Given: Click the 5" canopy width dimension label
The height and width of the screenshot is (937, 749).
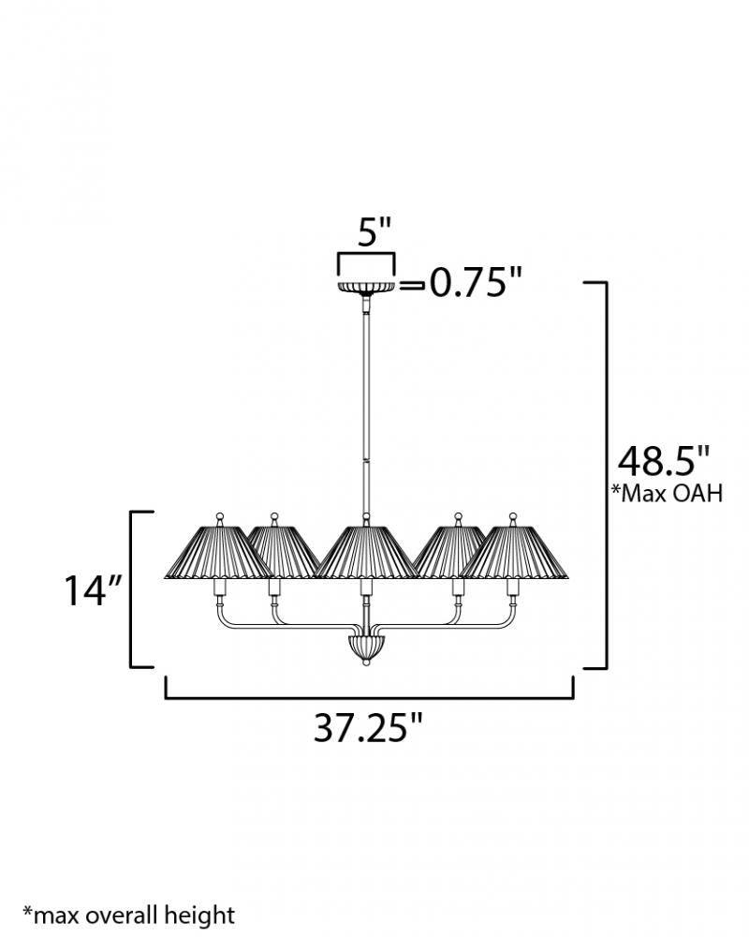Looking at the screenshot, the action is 374,231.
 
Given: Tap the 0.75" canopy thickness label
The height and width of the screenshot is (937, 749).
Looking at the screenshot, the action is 476,282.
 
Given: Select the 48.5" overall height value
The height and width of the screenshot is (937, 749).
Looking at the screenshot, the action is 664,461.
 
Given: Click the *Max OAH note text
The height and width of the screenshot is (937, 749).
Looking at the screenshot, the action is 667,493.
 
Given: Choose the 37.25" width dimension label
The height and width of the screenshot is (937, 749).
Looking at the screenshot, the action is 368,727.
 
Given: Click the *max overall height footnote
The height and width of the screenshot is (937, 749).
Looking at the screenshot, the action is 128,915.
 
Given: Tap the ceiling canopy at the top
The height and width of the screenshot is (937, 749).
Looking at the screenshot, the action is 366,288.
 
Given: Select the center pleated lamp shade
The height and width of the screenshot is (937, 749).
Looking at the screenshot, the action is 366,552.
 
